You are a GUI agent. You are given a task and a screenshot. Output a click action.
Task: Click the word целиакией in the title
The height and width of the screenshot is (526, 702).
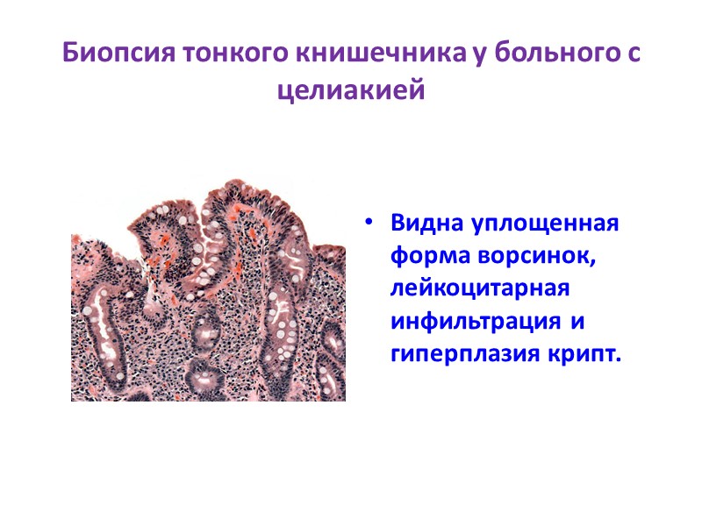351,89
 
